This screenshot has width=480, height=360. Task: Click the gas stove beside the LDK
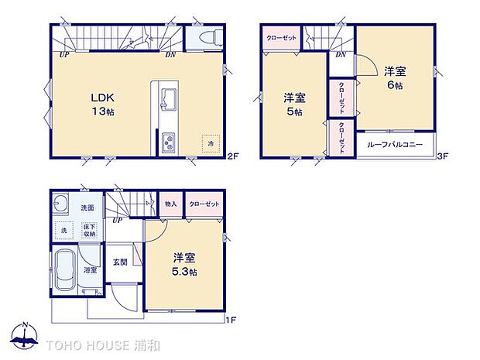click(x=168, y=142)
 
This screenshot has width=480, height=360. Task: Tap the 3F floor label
click(x=444, y=156)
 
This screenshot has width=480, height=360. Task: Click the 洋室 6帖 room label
click(x=395, y=78)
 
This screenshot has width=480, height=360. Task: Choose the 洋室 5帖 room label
click(x=293, y=105)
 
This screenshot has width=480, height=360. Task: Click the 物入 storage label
click(x=170, y=204)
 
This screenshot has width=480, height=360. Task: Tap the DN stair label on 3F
click(x=341, y=54)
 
